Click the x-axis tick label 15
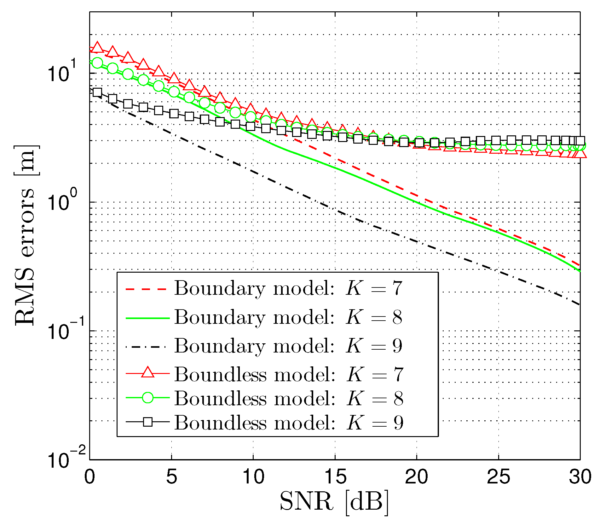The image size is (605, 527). [x=335, y=477]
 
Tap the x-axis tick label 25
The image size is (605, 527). [x=498, y=477]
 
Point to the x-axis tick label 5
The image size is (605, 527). [x=171, y=477]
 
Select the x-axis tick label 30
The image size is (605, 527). [x=580, y=477]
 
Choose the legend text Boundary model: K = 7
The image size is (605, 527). [x=288, y=288]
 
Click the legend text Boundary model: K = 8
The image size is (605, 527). [x=288, y=317]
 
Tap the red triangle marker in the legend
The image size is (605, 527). [x=148, y=373]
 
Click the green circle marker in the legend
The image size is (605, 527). [x=148, y=398]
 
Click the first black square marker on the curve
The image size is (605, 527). [x=97, y=92]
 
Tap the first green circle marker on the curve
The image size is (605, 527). [x=97, y=63]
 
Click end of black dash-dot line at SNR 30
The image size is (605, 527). [x=579, y=304]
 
